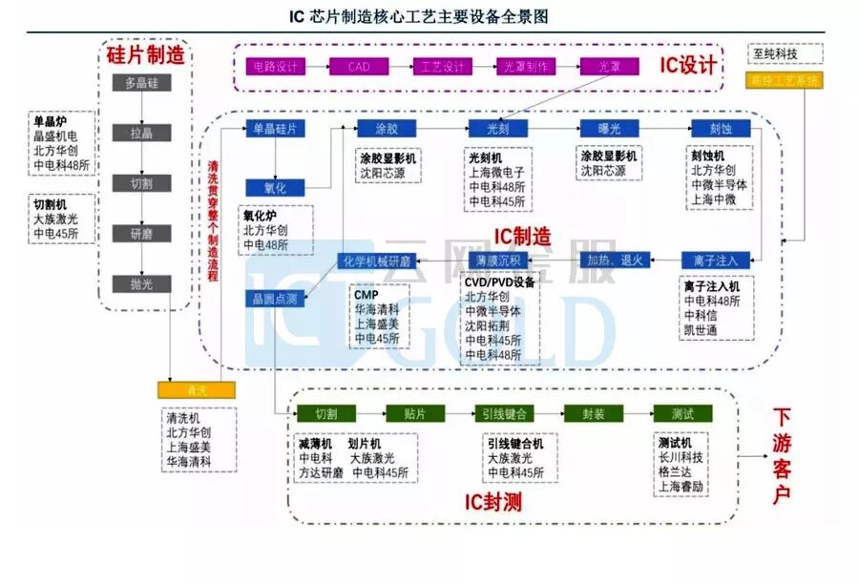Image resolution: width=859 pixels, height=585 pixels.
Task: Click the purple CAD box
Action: (x=358, y=67)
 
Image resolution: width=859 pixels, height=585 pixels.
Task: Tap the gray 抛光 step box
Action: (x=140, y=283)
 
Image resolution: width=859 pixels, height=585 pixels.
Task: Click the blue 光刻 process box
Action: (x=496, y=128)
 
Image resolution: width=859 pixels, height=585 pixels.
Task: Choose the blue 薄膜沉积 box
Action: (x=496, y=260)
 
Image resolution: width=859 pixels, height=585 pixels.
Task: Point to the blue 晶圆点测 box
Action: (x=274, y=299)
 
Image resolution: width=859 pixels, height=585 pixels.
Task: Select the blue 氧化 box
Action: (x=274, y=188)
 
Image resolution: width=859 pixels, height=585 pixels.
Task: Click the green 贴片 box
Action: (x=413, y=413)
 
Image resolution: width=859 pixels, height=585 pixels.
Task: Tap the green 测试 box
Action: (x=681, y=413)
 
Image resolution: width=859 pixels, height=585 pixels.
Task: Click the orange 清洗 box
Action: (x=196, y=390)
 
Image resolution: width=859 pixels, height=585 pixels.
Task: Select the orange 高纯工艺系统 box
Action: (x=784, y=80)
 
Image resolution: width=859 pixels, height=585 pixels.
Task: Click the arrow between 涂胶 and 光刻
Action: (x=447, y=128)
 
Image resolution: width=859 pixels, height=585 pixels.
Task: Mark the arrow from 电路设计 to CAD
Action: (x=316, y=67)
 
